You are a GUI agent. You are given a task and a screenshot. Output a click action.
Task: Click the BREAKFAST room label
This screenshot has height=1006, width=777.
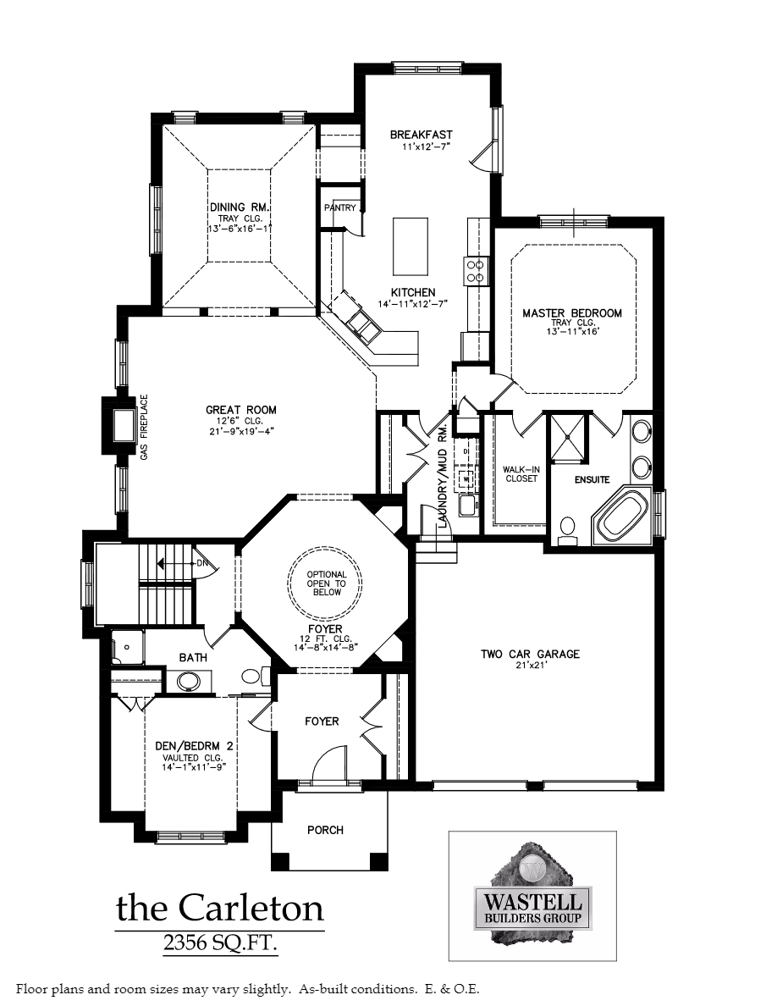coord(421,135)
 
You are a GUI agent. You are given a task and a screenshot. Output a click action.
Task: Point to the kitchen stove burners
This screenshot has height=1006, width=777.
coord(476,270)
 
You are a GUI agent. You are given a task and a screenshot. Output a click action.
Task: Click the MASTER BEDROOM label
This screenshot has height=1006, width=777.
coord(571,313)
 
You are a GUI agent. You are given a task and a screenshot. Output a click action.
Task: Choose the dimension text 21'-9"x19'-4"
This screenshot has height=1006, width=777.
coord(240,431)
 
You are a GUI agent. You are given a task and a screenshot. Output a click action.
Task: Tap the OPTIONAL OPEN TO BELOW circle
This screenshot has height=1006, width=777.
coord(326,583)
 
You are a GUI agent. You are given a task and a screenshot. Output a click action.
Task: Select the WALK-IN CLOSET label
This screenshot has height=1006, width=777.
coord(521,473)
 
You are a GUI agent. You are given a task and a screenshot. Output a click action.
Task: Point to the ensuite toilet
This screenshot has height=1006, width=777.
coord(568,528)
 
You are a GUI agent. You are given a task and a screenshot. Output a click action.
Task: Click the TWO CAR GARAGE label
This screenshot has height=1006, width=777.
coord(530,654)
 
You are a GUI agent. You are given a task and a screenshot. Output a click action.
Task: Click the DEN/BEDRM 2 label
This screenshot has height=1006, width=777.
coord(194,746)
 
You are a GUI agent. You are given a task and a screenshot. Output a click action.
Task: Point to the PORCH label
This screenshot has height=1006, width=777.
coord(325,830)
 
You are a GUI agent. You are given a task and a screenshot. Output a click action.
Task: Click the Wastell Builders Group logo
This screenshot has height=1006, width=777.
coord(532,895)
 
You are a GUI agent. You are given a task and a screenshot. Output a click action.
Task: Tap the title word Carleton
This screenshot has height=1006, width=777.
coord(251,908)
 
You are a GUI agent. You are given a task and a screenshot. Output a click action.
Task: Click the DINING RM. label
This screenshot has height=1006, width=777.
coord(240,207)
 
